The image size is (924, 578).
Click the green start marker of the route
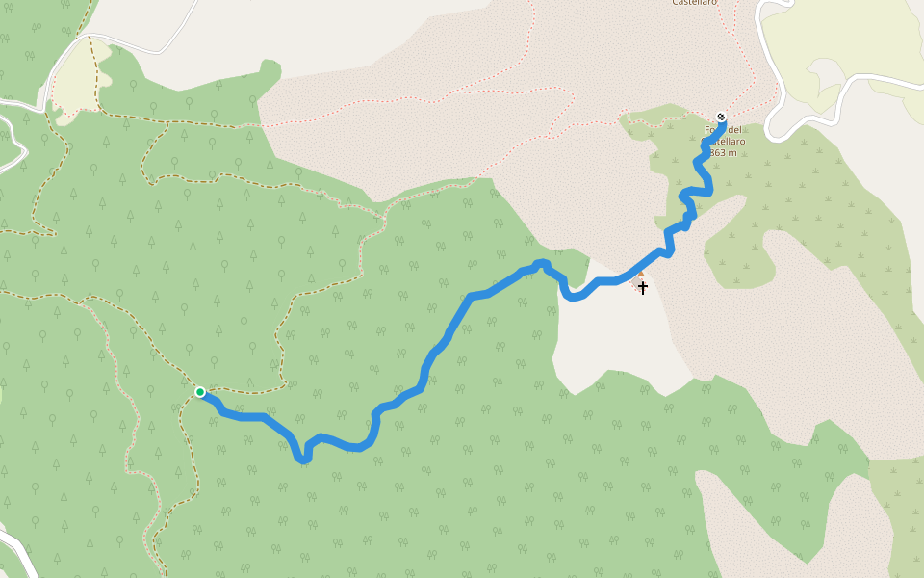click(x=199, y=392)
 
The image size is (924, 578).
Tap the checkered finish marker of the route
click(x=721, y=118)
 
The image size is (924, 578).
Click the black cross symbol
click(x=643, y=287)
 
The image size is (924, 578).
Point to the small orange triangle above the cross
click(x=641, y=275)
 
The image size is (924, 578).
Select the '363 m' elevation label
click(x=723, y=152)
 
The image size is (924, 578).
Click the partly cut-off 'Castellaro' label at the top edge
click(x=694, y=4)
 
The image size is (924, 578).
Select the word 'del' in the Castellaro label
click(x=736, y=130)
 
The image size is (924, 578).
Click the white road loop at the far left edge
click(x=12, y=135)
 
